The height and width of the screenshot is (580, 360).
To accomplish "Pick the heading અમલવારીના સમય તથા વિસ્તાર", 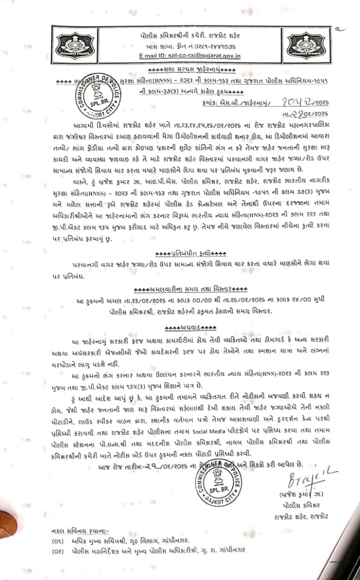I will click(x=187, y=289).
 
